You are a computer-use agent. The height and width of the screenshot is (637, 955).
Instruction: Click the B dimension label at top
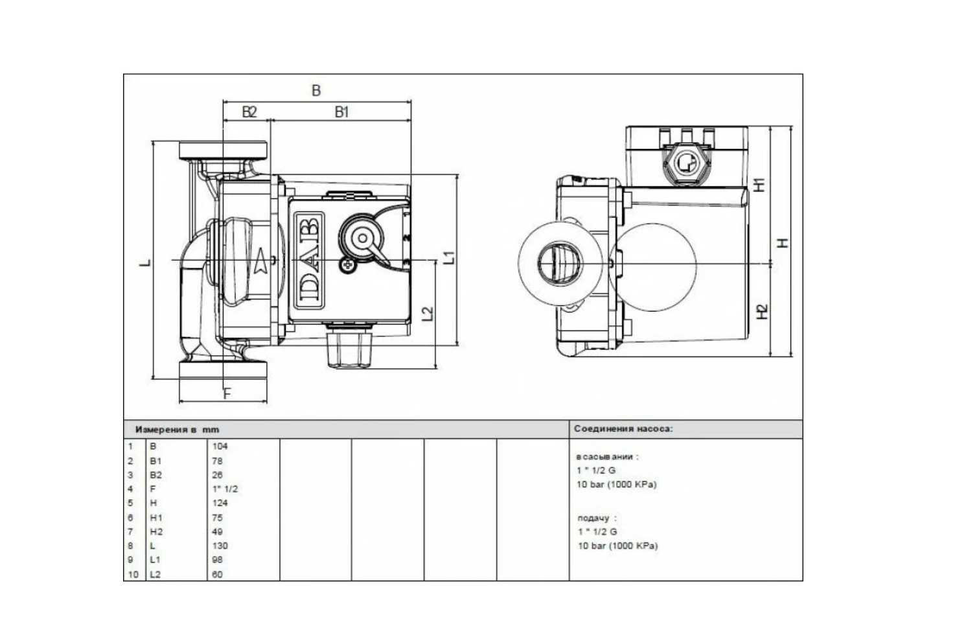[x=316, y=90]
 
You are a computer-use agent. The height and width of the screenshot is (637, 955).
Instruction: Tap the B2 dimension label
[x=249, y=112]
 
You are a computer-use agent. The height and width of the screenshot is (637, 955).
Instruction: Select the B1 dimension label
[x=341, y=112]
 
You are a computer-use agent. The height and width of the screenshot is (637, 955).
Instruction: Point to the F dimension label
[x=227, y=393]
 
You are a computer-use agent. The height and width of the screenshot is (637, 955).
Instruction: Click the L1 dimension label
[x=450, y=257]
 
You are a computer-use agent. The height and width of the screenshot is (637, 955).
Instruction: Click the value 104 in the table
[x=220, y=446]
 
